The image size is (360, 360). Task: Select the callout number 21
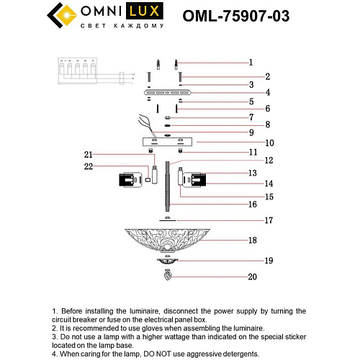pos(89,154)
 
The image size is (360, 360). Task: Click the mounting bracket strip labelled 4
pos(167,93)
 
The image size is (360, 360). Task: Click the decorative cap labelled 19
pos(168,260)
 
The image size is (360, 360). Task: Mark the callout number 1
pos(251,62)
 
